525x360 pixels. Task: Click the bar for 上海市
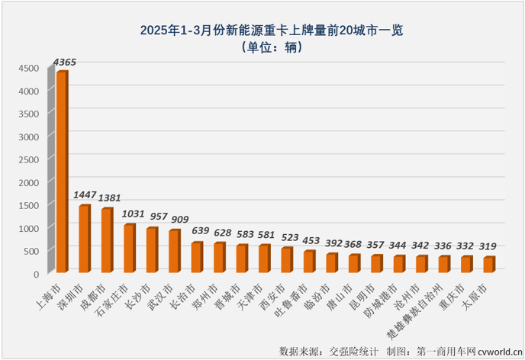pyautogui.click(x=62, y=172)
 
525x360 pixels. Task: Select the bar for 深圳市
pyautogui.click(x=84, y=239)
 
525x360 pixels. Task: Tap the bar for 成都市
pyautogui.click(x=107, y=240)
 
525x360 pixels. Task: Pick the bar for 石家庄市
pyautogui.click(x=129, y=249)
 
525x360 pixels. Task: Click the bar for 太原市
pyautogui.click(x=488, y=265)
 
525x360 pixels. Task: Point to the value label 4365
pyautogui.click(x=65, y=62)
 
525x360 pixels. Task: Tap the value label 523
pyautogui.click(x=288, y=238)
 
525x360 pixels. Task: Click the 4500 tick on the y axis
pyautogui.click(x=28, y=68)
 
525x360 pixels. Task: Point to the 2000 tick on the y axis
pyautogui.click(x=28, y=182)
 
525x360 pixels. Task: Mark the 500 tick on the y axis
pyautogui.click(x=31, y=250)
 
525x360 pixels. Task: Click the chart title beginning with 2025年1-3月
pyautogui.click(x=271, y=31)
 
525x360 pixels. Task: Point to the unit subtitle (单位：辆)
pyautogui.click(x=271, y=47)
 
